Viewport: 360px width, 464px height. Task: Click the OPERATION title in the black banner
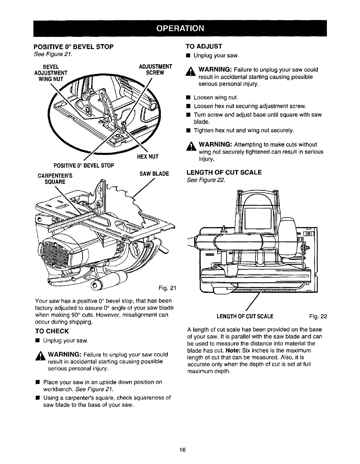coord(180,28)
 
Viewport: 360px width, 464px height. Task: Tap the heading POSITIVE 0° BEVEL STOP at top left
coord(73,46)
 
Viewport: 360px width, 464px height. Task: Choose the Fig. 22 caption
coord(318,316)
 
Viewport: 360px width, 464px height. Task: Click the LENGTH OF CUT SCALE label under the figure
coord(245,316)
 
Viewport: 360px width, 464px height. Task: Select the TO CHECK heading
coord(52,331)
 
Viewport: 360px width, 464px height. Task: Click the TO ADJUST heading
coord(204,46)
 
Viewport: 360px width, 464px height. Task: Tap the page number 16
coord(182,450)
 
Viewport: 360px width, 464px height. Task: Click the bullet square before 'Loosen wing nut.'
coord(188,98)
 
